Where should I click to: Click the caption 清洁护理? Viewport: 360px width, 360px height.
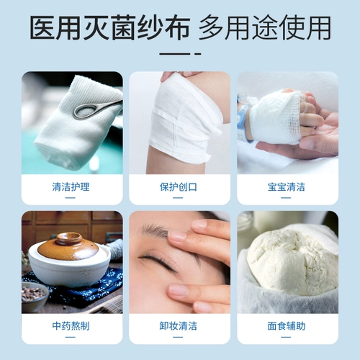pyautogui.click(x=71, y=187)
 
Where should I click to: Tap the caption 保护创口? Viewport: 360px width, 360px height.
pyautogui.click(x=179, y=187)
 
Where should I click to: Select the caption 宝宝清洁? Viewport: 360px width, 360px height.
pyautogui.click(x=287, y=187)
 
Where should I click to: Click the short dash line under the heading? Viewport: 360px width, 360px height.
pyautogui.click(x=179, y=53)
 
